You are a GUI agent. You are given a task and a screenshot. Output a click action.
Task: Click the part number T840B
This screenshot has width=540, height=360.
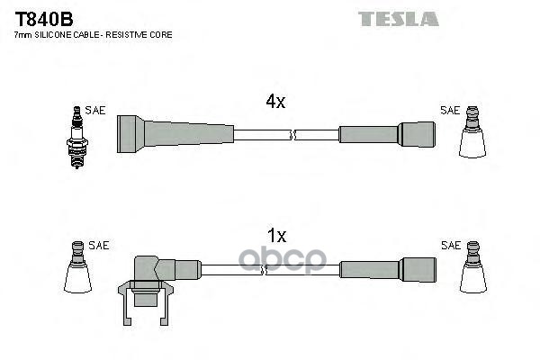tap(44, 19)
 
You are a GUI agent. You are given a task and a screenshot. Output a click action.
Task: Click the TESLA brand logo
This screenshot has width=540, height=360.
tap(399, 19)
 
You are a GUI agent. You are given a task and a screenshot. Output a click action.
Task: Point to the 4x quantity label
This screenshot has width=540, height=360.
tap(275, 102)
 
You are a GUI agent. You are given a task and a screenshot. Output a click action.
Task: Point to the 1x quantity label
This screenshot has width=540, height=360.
tap(277, 236)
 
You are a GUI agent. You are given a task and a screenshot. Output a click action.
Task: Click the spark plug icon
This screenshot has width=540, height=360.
tap(76, 137)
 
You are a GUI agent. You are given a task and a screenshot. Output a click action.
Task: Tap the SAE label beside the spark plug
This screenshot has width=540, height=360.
tap(95, 110)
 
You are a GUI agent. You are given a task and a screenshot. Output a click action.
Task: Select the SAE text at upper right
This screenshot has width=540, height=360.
tap(450, 110)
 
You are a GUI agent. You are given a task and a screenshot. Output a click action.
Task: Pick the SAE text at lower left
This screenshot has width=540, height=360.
tap(98, 246)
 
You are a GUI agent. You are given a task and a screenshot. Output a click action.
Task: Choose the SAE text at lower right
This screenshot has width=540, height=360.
tap(451, 246)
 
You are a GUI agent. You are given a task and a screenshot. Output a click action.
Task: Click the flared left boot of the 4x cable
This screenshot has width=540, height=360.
tap(130, 134)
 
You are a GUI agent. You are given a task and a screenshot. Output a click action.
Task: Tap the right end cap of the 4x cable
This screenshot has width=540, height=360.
tap(417, 134)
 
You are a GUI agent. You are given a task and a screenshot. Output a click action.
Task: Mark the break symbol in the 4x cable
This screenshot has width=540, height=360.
tap(292, 135)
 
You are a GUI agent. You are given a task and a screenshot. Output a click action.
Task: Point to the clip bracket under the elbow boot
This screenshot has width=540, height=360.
tap(146, 302)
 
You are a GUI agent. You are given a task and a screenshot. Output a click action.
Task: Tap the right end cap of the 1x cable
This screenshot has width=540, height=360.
tap(418, 270)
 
